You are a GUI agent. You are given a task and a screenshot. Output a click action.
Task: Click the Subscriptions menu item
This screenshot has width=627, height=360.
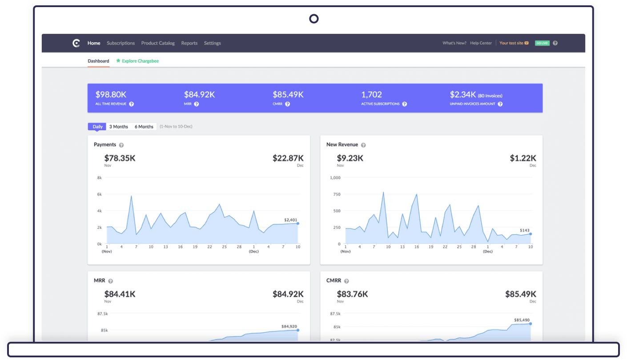[121, 43]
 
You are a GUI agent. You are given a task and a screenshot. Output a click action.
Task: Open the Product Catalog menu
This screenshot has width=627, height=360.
[158, 43]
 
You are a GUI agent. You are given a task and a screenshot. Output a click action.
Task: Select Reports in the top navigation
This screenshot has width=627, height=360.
[189, 43]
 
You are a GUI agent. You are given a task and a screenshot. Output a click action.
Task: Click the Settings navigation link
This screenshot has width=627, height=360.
[213, 43]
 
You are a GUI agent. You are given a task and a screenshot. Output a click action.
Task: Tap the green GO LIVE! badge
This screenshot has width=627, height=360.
[542, 43]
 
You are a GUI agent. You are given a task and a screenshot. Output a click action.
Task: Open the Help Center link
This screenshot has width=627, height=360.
[481, 43]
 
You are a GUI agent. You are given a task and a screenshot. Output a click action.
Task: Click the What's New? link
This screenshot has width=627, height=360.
[454, 43]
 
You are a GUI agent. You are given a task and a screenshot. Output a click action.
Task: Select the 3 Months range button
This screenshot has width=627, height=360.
[119, 127]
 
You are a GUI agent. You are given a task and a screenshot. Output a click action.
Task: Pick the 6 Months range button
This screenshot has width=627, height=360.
[144, 127]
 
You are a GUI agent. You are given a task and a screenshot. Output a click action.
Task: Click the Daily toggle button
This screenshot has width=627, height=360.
[98, 127]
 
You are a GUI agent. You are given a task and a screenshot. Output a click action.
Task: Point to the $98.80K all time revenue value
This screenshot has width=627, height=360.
[111, 95]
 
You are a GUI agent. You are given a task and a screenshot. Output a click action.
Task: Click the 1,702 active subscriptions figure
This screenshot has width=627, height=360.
[372, 95]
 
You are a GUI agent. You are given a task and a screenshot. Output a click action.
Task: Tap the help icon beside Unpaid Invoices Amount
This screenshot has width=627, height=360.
[500, 104]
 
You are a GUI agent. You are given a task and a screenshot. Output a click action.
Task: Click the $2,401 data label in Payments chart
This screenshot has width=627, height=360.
[290, 220]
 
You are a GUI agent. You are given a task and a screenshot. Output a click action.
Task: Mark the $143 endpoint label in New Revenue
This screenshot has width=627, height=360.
[525, 230]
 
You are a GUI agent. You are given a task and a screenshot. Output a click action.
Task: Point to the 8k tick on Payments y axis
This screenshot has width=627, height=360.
[99, 178]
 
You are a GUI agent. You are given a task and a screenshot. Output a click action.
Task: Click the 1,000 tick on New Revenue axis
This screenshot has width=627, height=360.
[335, 178]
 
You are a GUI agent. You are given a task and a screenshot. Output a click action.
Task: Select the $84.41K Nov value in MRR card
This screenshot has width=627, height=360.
[120, 294]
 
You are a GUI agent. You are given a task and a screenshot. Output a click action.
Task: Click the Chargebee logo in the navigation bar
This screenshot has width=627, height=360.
[76, 43]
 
